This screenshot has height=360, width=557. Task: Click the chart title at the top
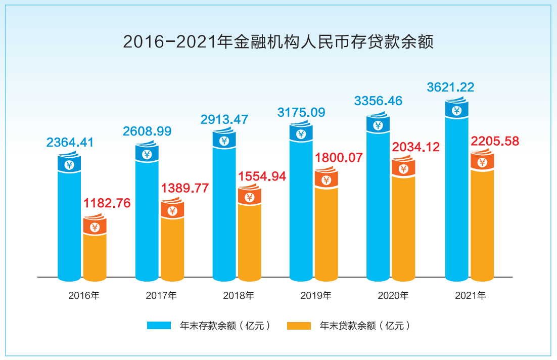278,41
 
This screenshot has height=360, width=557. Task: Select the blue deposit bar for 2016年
69,222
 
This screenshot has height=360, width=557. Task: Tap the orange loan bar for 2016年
95,255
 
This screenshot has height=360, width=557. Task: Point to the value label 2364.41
70,143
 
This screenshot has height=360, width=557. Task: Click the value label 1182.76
107,203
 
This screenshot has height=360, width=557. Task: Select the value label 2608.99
147,131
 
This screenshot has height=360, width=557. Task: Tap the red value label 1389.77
185,189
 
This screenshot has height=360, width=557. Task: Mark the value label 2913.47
224,120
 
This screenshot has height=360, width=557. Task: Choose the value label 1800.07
339,158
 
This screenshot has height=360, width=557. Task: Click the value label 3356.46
378,101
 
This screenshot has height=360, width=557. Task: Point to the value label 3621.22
450,87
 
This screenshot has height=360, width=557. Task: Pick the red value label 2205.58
495,142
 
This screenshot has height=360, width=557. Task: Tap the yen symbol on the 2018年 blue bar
224,141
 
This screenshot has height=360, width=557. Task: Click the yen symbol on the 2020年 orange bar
403,169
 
